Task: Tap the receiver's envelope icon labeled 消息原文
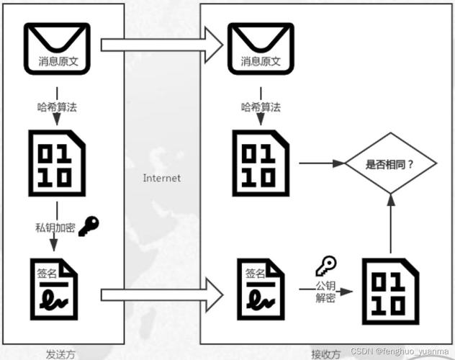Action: point(261,49)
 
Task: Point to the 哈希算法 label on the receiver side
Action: point(261,107)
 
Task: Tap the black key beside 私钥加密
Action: point(90,225)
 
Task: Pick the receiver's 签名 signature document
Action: point(261,290)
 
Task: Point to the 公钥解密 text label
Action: point(325,292)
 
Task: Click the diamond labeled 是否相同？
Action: point(390,163)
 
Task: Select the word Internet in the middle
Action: point(161,178)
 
